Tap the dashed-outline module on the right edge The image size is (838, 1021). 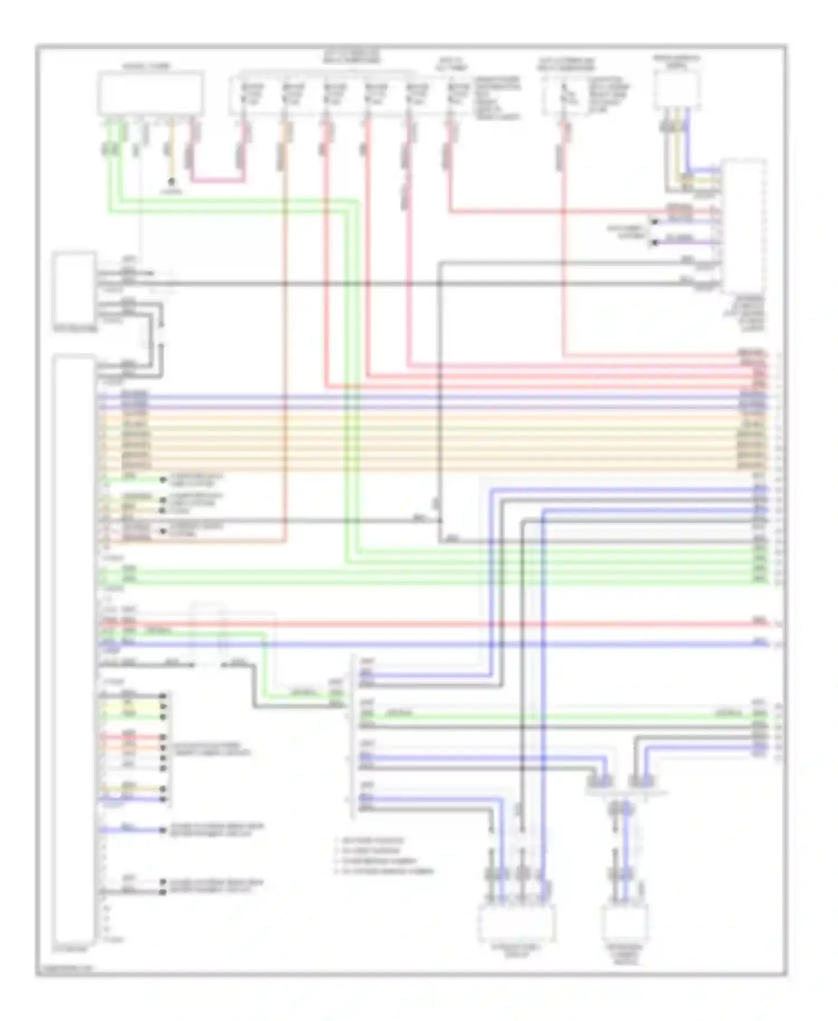pos(744,226)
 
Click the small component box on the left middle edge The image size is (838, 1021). pos(74,288)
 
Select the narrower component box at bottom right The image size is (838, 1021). pos(625,924)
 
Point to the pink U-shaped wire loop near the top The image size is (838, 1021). pos(218,180)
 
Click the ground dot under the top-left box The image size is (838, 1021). pos(172,182)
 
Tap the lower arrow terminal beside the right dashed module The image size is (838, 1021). pos(654,242)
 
